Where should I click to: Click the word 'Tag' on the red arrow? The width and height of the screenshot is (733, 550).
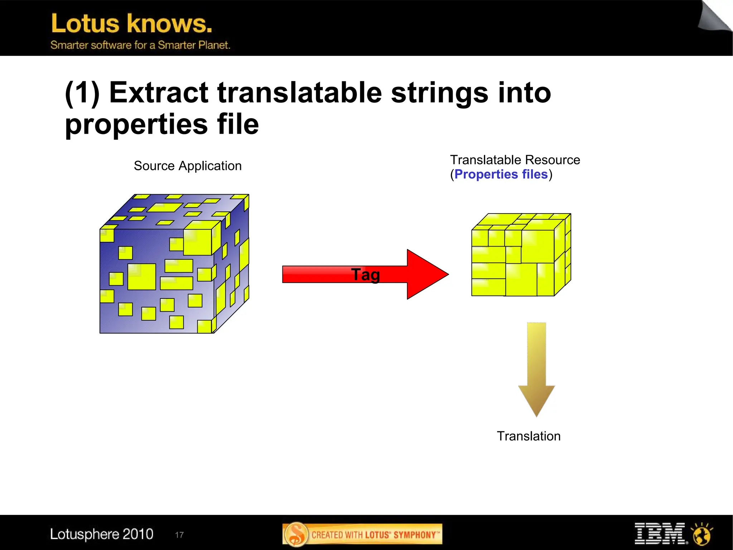[x=365, y=275]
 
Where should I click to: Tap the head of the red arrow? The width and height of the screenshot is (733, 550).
[x=426, y=274]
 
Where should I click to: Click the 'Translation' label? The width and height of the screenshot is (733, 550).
[x=529, y=436]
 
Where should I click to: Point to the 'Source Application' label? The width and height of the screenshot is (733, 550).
[x=188, y=166]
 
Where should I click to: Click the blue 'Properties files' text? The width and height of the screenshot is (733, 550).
[x=501, y=174]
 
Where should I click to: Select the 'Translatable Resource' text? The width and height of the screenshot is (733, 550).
[x=515, y=160]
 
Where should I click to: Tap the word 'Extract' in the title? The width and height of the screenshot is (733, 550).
[x=158, y=92]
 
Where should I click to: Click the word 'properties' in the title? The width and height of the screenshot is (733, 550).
[x=136, y=124]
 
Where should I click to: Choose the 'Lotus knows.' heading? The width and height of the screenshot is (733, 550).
[x=132, y=24]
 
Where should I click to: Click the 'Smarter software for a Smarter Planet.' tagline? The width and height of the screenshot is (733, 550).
[x=140, y=45]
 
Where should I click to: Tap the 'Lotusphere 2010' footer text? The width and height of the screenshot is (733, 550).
[x=102, y=534]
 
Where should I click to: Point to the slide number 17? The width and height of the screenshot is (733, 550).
[x=179, y=535]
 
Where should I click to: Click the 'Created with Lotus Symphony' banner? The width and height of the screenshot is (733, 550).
[x=362, y=535]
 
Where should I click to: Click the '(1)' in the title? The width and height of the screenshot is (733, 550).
[x=82, y=92]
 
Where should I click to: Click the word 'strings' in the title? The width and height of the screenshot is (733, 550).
[x=440, y=92]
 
